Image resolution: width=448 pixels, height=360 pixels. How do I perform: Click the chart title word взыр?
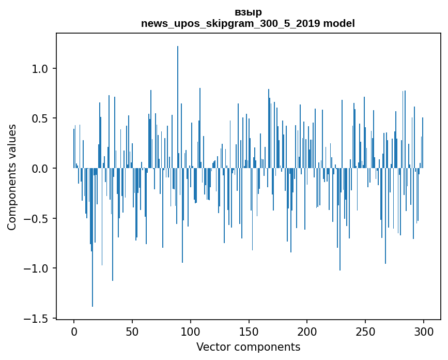(248, 12)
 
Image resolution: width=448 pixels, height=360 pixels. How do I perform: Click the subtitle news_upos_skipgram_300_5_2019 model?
(248, 23)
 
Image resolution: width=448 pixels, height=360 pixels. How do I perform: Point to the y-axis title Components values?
(12, 177)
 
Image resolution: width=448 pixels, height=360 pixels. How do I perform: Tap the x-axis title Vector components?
(248, 347)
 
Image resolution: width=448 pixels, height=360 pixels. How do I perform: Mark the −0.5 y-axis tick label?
(38, 218)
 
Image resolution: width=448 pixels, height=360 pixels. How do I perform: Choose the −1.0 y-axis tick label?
(38, 268)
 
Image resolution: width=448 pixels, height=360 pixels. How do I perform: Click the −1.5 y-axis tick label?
(38, 318)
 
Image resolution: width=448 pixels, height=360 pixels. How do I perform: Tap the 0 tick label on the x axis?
(74, 331)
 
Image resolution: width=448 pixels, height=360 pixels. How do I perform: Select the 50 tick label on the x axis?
(132, 331)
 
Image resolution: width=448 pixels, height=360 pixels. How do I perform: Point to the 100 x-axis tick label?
(191, 331)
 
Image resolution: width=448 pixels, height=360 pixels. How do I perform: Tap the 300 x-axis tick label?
(424, 331)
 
